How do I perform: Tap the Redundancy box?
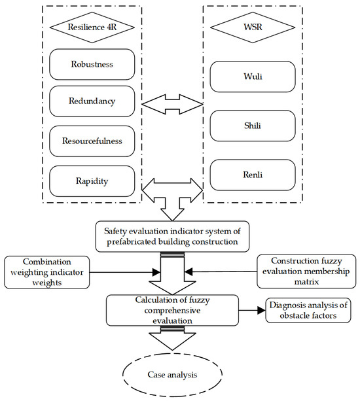click(91, 102)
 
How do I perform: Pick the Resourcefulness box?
click(91, 141)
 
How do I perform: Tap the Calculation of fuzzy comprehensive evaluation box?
click(173, 309)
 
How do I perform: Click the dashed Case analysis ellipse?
click(173, 375)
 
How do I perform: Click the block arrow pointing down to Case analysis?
click(173, 340)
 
